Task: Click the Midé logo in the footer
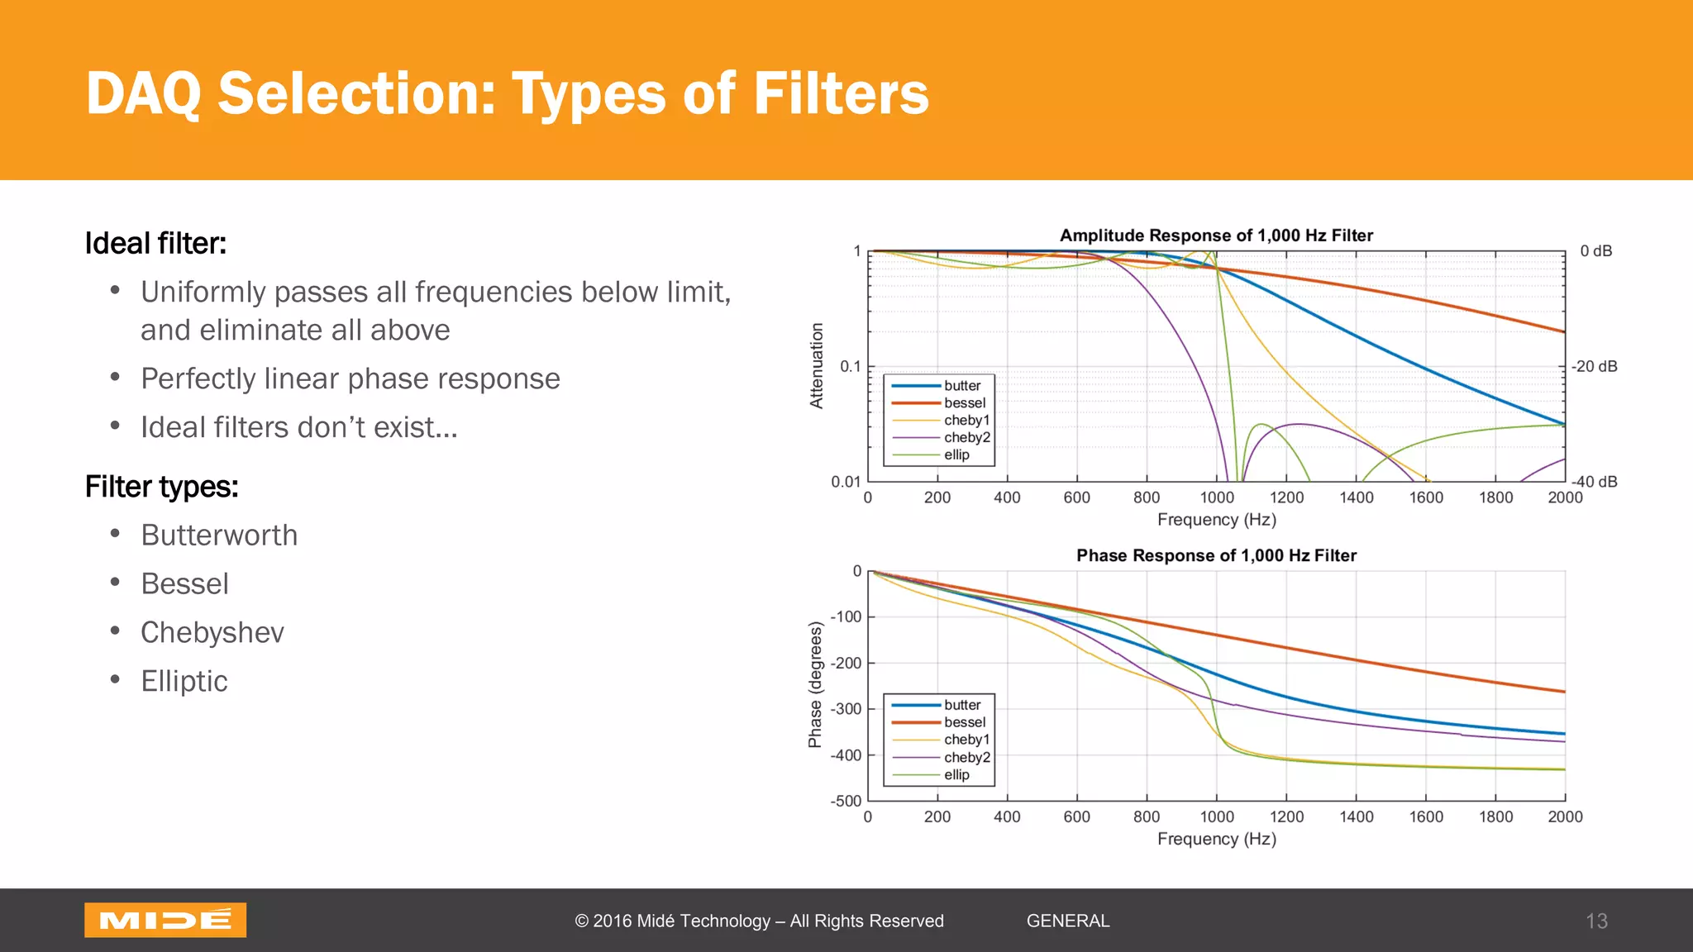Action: (165, 920)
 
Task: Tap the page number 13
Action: (1595, 921)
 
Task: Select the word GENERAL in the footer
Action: (1067, 921)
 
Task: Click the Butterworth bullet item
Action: (219, 535)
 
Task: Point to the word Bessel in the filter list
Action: (184, 584)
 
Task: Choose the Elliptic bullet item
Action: (184, 682)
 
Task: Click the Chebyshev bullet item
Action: (212, 633)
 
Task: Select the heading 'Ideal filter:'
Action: (155, 244)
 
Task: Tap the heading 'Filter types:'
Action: (161, 487)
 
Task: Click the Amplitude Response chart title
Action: (1216, 236)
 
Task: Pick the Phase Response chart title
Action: (1216, 555)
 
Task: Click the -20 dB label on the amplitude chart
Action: (1594, 366)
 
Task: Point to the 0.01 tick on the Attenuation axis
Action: (845, 481)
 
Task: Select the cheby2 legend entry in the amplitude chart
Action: (966, 437)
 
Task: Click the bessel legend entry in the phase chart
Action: (964, 722)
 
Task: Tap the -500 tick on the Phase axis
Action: (845, 801)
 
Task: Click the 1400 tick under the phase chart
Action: (1356, 816)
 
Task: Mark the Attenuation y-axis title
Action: (817, 366)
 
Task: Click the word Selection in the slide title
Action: (356, 93)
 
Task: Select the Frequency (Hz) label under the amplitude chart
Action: (1216, 520)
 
